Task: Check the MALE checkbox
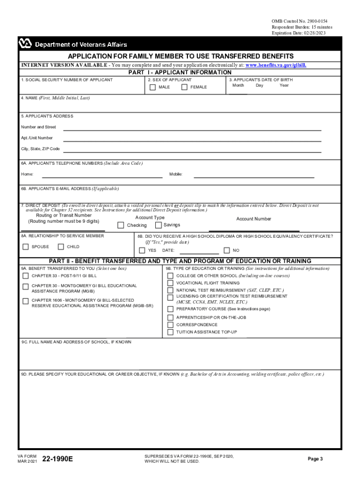(152, 87)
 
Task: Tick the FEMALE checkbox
(184, 87)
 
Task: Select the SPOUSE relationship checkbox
(26, 247)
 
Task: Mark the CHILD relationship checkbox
(61, 247)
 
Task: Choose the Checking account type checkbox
(121, 225)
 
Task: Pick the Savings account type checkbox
(158, 225)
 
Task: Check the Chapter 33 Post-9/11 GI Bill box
(25, 276)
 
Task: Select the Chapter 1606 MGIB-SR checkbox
(25, 301)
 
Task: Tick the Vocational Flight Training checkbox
(170, 283)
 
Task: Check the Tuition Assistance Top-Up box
(170, 332)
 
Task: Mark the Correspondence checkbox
(170, 325)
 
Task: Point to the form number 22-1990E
(58, 459)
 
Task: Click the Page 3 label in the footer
(315, 459)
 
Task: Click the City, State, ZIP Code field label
(40, 149)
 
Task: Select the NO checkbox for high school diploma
(227, 250)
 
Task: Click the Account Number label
(253, 219)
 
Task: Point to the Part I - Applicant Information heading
(180, 73)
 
